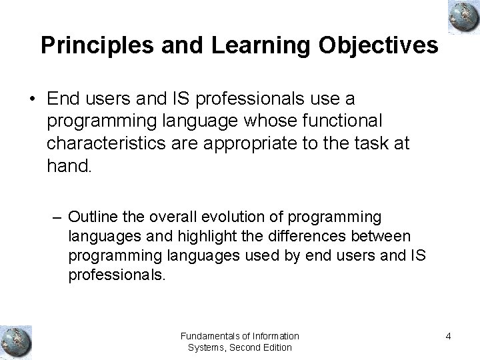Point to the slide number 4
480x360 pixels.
coord(449,336)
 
